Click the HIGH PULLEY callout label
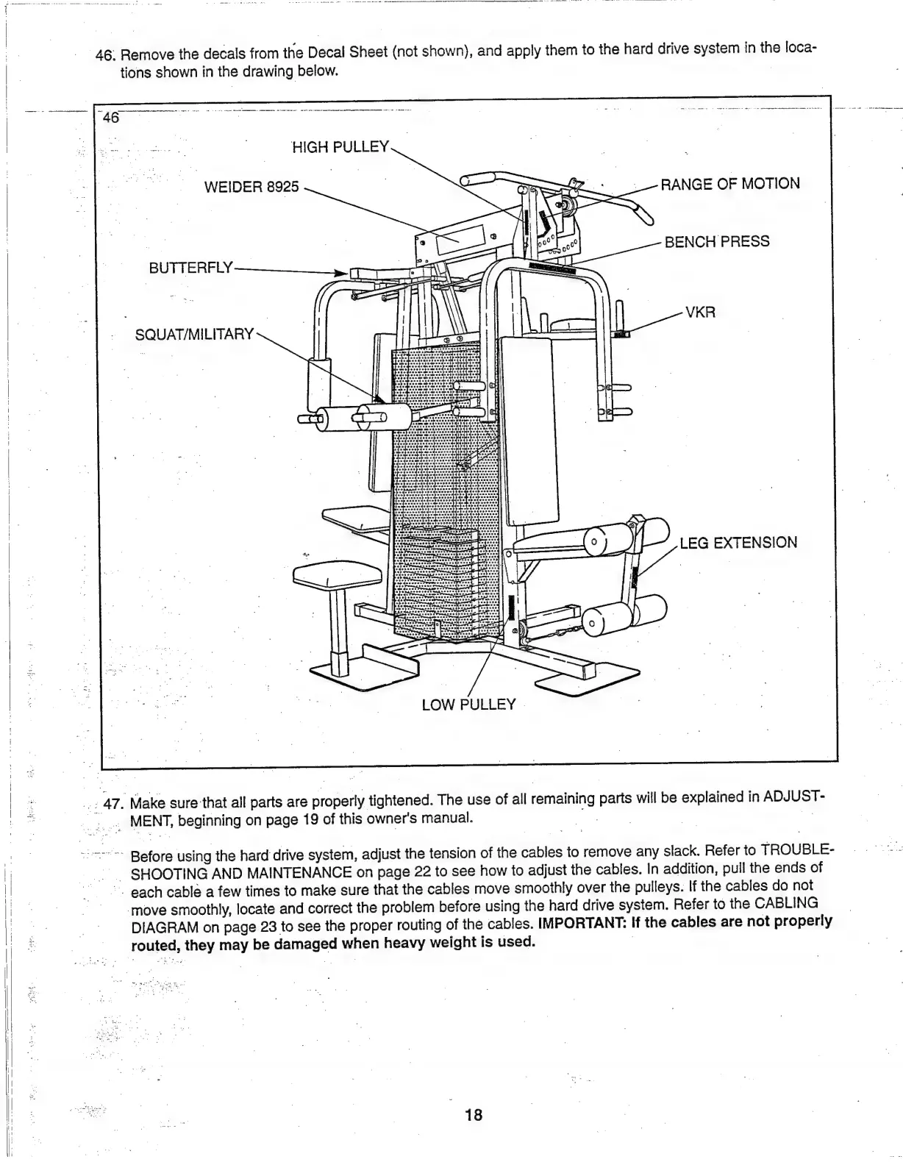pos(340,146)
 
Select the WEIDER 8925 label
pos(251,187)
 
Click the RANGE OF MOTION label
pos(730,184)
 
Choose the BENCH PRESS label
pos(717,242)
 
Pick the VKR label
pos(700,313)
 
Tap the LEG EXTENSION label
pos(738,543)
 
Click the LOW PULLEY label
pos(468,705)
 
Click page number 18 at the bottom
pos(474,1115)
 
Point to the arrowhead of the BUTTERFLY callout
pos(340,273)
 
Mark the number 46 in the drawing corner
pos(112,118)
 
